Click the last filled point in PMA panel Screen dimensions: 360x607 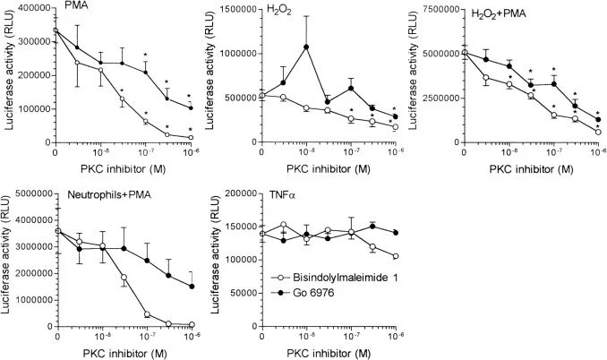click(x=191, y=107)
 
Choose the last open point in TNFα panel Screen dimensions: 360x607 click(x=395, y=256)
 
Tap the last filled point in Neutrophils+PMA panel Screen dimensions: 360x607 click(x=191, y=287)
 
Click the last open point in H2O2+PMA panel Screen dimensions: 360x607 click(x=597, y=133)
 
